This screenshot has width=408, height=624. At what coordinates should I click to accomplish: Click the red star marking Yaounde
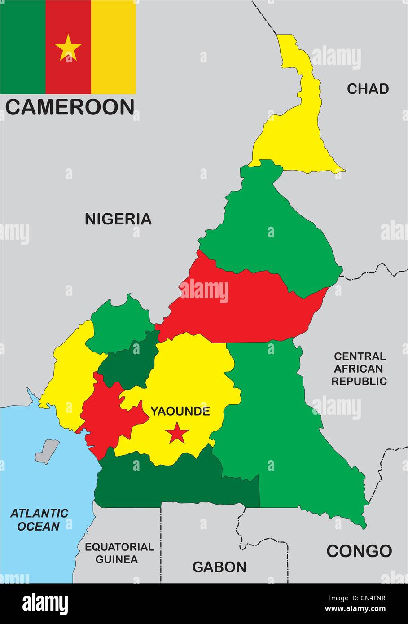177,433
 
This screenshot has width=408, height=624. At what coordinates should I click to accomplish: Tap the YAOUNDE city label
180,411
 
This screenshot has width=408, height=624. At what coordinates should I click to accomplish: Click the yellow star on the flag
68,48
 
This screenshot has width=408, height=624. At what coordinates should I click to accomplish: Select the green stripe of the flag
22,47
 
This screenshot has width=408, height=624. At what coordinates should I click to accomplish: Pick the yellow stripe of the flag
113,47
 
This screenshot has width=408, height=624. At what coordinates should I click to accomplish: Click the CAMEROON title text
70,107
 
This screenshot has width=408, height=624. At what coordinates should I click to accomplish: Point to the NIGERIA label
118,219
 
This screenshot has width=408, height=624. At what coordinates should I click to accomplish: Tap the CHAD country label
368,89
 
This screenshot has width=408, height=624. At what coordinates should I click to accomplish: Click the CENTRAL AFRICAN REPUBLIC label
359,369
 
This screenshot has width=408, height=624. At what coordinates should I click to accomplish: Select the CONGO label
359,551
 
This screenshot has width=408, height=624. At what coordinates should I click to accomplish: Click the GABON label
219,567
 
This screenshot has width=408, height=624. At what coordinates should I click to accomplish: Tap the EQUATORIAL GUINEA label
119,553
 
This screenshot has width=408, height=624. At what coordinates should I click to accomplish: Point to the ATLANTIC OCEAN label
39,519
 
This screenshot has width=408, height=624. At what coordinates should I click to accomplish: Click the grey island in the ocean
48,451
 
